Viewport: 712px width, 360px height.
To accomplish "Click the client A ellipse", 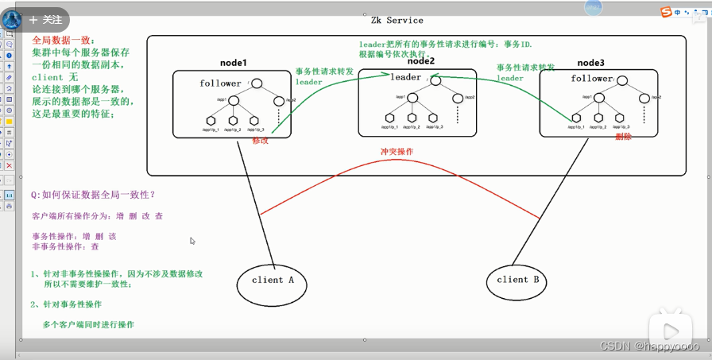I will [x=273, y=280].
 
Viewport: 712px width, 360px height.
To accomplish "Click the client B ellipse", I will [x=517, y=280].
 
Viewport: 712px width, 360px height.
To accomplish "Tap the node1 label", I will [x=234, y=63].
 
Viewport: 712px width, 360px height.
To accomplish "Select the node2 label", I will [x=421, y=61].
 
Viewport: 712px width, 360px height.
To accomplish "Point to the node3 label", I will [x=591, y=63].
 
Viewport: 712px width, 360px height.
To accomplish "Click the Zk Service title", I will [x=397, y=20].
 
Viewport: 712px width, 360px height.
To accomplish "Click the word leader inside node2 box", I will [x=406, y=77].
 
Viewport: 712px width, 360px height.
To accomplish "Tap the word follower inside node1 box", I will [x=220, y=83].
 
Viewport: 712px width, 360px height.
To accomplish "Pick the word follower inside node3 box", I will [x=592, y=79].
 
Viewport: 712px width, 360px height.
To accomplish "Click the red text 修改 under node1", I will [x=261, y=141].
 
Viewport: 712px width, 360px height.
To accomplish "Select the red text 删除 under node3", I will [x=623, y=137].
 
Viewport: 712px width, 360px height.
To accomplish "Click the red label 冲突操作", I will [x=397, y=151].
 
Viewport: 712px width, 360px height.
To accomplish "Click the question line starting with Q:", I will [x=93, y=195].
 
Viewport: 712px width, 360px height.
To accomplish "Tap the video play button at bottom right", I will [x=670, y=331].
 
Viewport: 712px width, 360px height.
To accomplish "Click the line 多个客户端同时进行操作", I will [x=88, y=324].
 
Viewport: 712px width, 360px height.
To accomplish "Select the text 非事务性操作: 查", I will [x=66, y=247].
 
